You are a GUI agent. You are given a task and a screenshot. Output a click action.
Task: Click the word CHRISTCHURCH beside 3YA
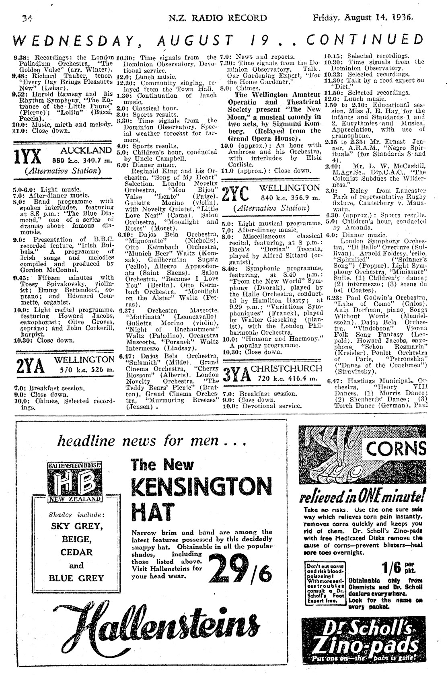pyautogui.click(x=286, y=369)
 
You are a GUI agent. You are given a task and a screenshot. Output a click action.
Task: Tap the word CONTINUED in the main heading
pyautogui.click(x=364, y=40)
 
